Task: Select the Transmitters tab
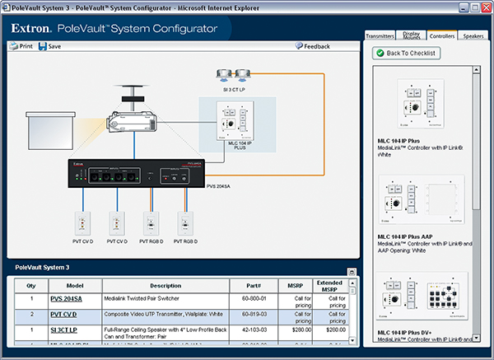(x=381, y=36)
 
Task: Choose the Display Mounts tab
(x=411, y=36)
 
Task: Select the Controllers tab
(x=442, y=36)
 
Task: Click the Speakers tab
(x=473, y=36)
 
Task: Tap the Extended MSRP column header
(x=329, y=285)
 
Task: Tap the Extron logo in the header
(x=32, y=28)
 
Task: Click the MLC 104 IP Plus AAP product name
(x=407, y=237)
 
